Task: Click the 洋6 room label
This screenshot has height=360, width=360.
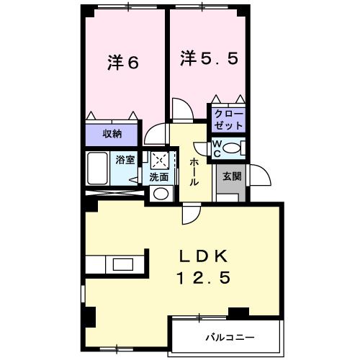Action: click(123, 63)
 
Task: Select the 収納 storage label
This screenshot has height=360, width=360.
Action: click(112, 133)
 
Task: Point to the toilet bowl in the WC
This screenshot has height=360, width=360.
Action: click(233, 148)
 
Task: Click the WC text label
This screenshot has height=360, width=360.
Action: click(216, 148)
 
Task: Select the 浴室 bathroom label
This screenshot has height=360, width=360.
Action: click(125, 160)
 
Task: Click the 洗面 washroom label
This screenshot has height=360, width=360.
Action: click(158, 177)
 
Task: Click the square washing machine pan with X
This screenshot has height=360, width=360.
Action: click(158, 160)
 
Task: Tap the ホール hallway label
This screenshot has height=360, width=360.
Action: click(194, 173)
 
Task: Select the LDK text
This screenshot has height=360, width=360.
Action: click(204, 256)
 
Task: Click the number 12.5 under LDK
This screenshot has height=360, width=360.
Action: click(204, 279)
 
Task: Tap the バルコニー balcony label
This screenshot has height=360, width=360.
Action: click(227, 336)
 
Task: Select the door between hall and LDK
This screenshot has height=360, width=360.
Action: click(190, 212)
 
